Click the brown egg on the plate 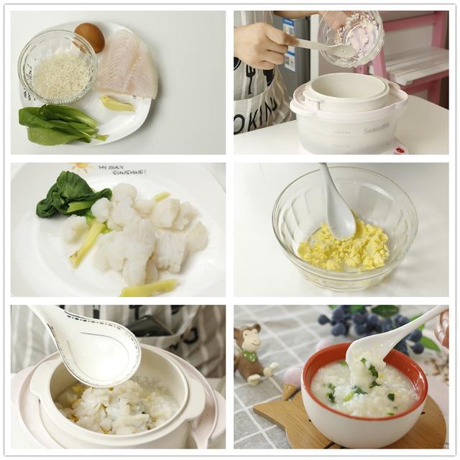pyautogui.click(x=90, y=37)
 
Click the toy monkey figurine pyautogui.click(x=249, y=352)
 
